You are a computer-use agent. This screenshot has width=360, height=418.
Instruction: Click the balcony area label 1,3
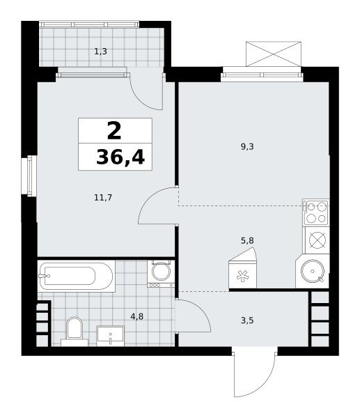pos(101,51)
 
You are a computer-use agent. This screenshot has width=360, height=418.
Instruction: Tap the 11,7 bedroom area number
pos(103,198)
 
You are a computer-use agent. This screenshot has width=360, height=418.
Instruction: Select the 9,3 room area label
pos(247,146)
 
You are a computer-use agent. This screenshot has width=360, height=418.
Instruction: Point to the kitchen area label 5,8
pos(247,240)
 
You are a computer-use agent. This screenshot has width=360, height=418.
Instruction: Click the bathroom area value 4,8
pos(137,316)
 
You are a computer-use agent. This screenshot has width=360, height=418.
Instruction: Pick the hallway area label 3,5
pos(247,320)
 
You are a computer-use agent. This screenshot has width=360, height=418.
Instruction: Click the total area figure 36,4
pos(120,157)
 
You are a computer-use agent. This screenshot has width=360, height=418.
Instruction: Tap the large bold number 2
pos(114,130)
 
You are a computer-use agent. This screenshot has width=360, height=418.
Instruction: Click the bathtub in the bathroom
pos(76,276)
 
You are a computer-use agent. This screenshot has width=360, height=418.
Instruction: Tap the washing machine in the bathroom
pos(161,274)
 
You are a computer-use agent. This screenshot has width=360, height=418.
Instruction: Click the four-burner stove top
pos(316,212)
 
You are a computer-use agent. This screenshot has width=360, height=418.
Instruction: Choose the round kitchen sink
pos(313,271)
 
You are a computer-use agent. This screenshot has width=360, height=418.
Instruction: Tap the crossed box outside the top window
pos(274,54)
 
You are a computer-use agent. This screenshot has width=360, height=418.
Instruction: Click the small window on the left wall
pos(29,176)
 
